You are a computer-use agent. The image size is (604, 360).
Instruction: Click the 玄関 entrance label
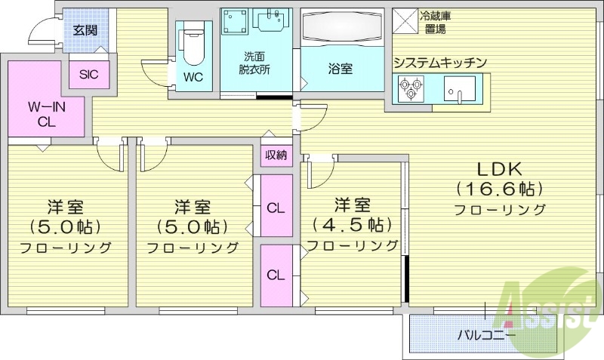(85, 30)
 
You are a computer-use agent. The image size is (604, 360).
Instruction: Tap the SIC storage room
(90, 75)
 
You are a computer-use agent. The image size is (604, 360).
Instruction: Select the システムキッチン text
(439, 63)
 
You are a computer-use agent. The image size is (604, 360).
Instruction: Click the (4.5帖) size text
(353, 224)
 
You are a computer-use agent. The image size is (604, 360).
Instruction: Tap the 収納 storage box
(276, 155)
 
